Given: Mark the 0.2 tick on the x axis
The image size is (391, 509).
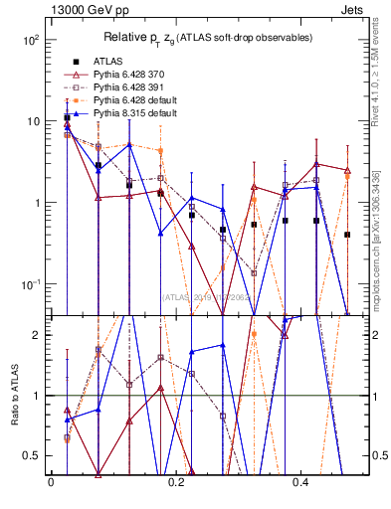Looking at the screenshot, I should [x=176, y=482].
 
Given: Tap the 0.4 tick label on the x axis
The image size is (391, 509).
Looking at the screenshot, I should [x=301, y=482].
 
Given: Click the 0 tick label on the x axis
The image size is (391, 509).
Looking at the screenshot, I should [x=50, y=482].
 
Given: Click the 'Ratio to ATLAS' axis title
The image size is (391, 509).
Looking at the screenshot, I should [x=12, y=395].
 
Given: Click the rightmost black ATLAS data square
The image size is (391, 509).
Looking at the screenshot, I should [x=347, y=235].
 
